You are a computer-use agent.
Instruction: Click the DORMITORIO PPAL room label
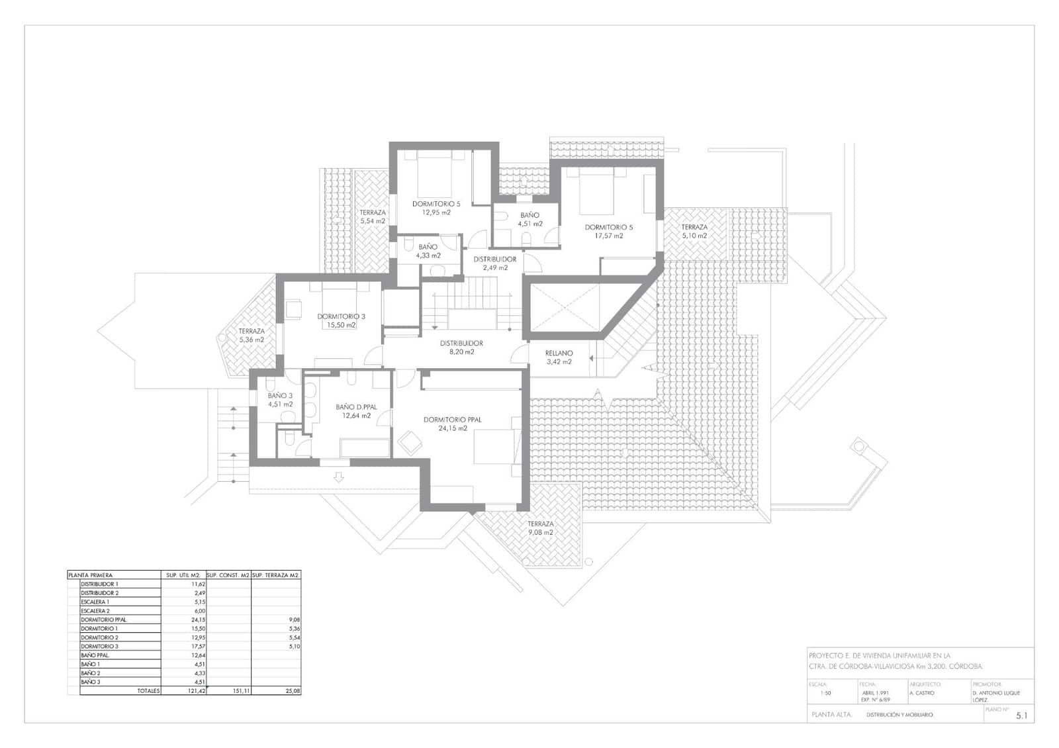[453, 424]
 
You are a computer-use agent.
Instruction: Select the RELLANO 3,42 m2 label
[559, 357]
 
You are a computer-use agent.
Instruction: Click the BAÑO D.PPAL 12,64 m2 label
[356, 412]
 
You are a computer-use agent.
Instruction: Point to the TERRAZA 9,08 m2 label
[540, 528]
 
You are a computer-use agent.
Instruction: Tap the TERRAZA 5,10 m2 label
[694, 231]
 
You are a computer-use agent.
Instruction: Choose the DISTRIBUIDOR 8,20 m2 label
[461, 348]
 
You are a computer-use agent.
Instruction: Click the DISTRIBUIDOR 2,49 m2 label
[494, 263]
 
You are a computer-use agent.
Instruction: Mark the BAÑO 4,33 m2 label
[428, 251]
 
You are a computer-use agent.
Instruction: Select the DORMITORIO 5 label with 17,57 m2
[608, 231]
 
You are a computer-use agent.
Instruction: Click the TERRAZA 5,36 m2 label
[251, 335]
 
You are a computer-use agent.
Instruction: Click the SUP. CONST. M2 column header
[228, 575]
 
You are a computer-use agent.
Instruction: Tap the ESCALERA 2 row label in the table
[95, 611]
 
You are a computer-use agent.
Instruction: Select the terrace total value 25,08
[292, 690]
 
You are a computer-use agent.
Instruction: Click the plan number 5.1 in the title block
[1021, 716]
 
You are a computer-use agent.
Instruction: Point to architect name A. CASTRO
[921, 693]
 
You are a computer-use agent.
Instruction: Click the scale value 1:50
[825, 693]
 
